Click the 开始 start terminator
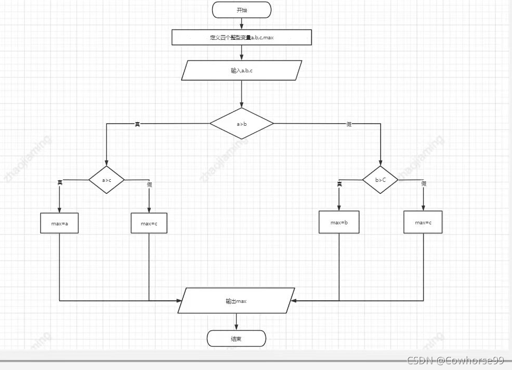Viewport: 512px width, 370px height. (241, 9)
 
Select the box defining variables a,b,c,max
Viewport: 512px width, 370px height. (241, 37)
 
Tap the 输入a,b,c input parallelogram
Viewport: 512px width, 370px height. (241, 70)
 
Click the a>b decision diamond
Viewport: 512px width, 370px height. (241, 124)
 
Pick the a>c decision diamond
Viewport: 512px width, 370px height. (106, 180)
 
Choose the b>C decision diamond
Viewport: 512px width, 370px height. (381, 180)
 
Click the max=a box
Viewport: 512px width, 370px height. (59, 223)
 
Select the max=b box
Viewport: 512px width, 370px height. (339, 222)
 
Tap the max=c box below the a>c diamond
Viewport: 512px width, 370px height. (149, 223)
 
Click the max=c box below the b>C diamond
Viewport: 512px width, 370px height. (423, 222)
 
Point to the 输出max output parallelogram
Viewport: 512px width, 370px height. (236, 301)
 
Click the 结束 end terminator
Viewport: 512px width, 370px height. (236, 339)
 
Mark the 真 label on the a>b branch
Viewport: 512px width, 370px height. (137, 124)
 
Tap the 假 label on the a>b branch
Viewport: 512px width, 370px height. (349, 124)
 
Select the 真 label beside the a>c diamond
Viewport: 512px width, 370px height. (60, 182)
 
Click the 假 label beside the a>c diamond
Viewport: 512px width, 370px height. (149, 184)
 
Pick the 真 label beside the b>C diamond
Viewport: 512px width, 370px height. (339, 183)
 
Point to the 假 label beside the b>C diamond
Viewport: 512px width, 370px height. (424, 183)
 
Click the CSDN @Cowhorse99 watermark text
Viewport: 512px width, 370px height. (455, 361)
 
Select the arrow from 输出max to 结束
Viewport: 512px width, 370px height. (236, 322)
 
